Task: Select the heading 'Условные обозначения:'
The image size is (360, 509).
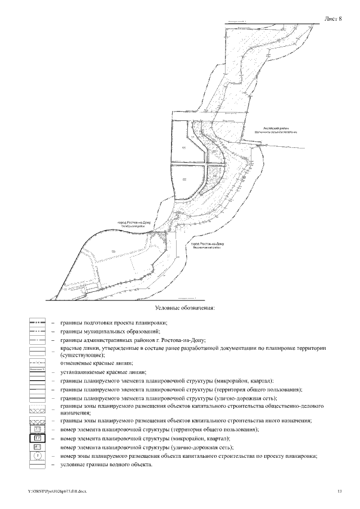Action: [186, 308]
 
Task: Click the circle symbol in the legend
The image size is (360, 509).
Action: [37, 456]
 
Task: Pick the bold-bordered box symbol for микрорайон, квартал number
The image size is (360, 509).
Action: [37, 438]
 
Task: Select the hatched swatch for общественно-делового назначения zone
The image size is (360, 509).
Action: [37, 411]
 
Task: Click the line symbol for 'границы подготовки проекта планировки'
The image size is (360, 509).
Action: [37, 323]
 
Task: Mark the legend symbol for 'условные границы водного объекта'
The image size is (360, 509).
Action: [37, 465]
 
